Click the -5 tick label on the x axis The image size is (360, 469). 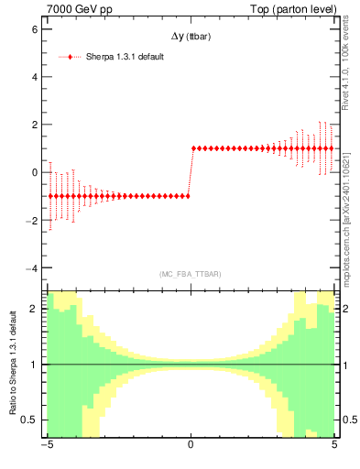pos(46,447)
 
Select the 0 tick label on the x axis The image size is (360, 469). pos(191,447)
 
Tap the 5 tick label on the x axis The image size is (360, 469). pos(333,447)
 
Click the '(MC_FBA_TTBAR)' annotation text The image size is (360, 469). pos(191,274)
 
